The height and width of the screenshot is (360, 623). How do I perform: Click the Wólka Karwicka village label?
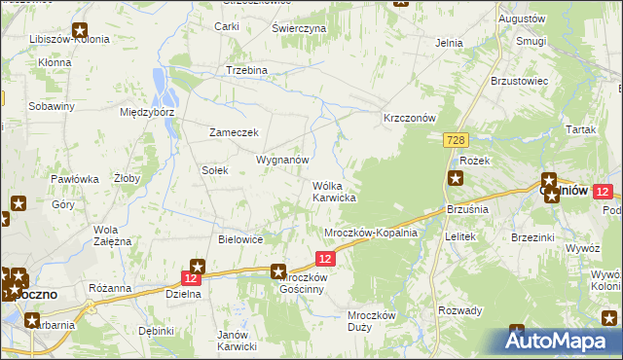334,192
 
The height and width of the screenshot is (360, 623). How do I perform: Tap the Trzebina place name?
246,71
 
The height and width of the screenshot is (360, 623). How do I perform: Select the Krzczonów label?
408,117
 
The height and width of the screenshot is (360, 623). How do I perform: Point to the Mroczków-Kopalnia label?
371,234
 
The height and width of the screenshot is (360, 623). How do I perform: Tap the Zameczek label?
234,132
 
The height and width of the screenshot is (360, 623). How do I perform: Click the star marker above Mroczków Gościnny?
278,273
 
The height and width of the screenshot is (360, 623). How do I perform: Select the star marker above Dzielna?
198,266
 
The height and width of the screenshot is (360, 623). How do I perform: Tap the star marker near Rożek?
456,177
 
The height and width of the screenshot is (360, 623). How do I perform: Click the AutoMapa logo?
558,342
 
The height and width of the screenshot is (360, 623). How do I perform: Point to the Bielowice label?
242,238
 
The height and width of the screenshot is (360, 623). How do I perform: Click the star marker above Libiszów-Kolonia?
80,30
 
